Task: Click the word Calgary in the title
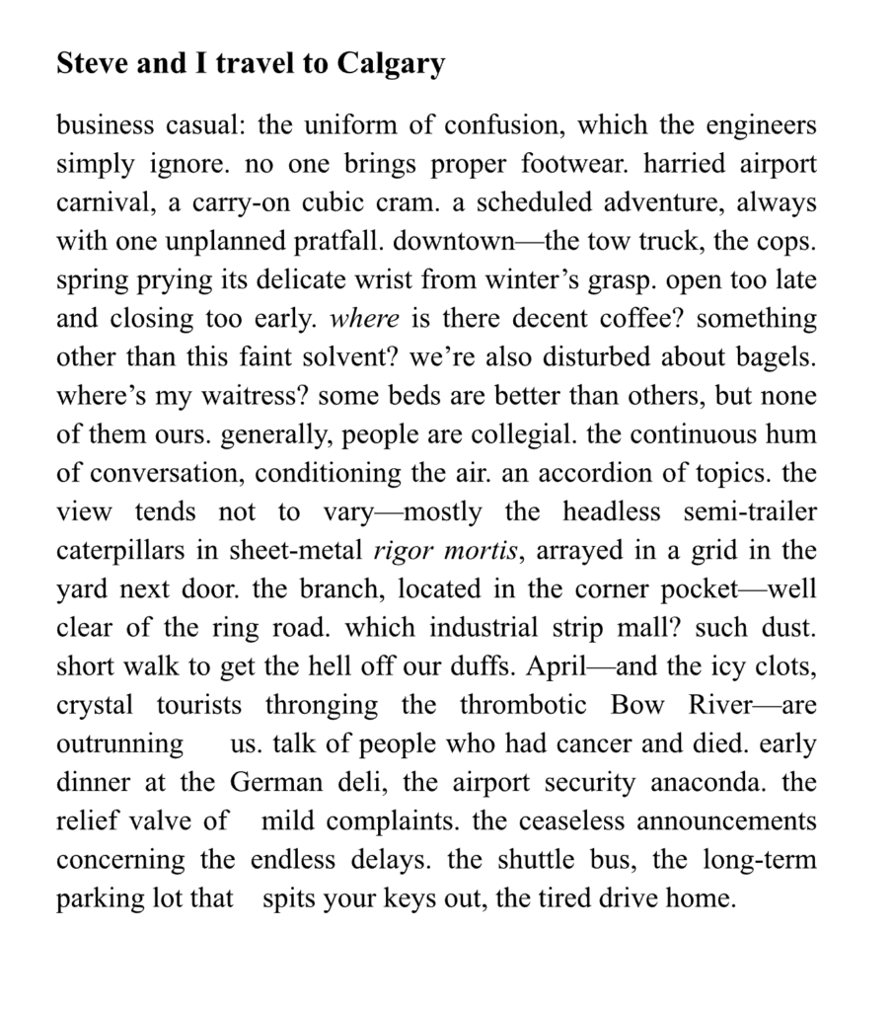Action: [x=391, y=64]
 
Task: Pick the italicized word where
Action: [x=364, y=319]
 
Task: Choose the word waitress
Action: [x=249, y=396]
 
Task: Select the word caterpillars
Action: [x=121, y=550]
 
